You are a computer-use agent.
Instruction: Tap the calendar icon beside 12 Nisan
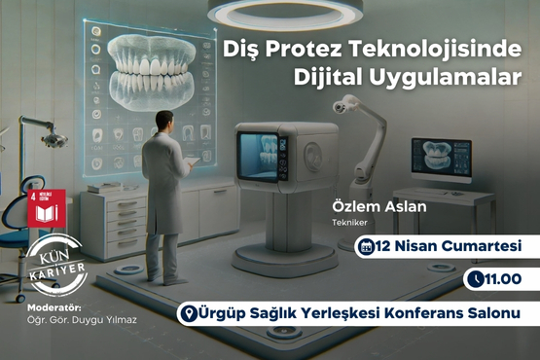coord(368,246)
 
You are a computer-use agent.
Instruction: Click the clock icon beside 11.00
coord(475,279)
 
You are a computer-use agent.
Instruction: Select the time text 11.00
coord(501,279)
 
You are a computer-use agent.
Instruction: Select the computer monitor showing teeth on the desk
coord(441,157)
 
